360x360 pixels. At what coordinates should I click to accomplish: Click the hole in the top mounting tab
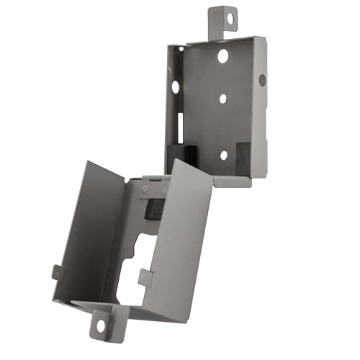pos(231,20)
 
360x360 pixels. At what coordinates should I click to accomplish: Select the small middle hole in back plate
pos(222,99)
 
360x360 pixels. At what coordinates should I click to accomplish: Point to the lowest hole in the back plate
pos(223,155)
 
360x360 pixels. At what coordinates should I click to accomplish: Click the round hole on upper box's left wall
pos(176,87)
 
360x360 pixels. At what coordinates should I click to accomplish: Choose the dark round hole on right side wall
pos(262,80)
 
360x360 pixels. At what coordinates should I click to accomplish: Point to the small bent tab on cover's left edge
pos(57,273)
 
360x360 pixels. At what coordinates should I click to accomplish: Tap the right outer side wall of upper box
pos(261,108)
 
